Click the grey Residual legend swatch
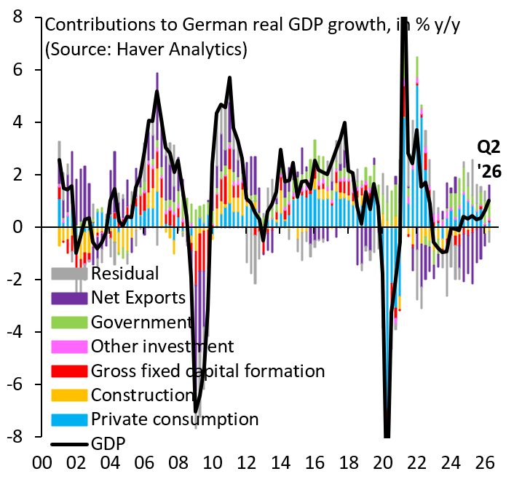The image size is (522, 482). (69, 274)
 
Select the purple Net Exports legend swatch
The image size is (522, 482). (69, 298)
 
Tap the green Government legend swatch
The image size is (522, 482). (69, 323)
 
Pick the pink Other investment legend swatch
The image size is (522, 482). (69, 347)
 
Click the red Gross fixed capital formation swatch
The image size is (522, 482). (69, 371)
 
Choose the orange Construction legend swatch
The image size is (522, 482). (69, 395)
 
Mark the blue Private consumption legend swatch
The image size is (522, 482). (69, 419)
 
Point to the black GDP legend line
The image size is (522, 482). (69, 444)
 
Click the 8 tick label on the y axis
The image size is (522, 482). (17, 17)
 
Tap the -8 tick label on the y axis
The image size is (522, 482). (15, 437)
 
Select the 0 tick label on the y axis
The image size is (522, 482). (17, 227)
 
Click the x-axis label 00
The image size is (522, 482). (42, 463)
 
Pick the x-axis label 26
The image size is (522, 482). (485, 463)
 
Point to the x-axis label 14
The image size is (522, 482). (280, 463)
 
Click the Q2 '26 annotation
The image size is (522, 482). (489, 159)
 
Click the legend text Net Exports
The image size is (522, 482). (138, 298)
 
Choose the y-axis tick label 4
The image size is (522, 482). (17, 122)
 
